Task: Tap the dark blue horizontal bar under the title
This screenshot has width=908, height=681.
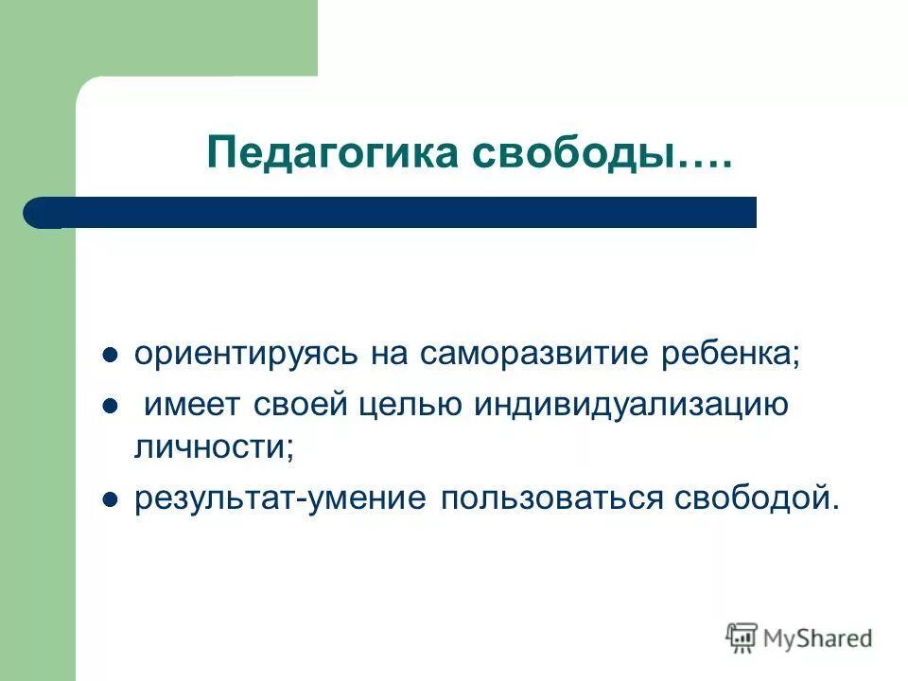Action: pyautogui.click(x=397, y=213)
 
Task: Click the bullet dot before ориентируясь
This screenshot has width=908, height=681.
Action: pyautogui.click(x=110, y=357)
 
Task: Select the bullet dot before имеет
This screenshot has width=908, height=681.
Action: pyautogui.click(x=110, y=407)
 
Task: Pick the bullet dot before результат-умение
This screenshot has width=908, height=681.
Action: pyautogui.click(x=110, y=499)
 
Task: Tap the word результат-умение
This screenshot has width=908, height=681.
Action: pyautogui.click(x=280, y=498)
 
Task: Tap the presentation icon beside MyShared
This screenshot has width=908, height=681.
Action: pyautogui.click(x=742, y=637)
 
